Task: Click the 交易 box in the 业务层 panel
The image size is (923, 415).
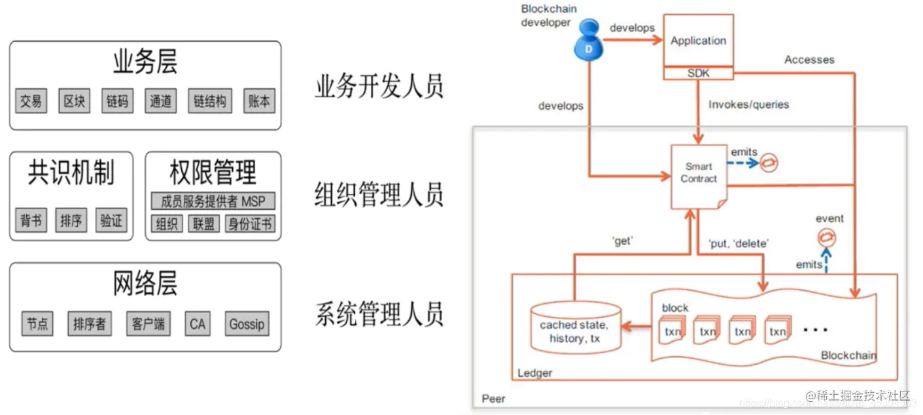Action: pos(31,101)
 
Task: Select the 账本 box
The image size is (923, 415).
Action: pos(259,101)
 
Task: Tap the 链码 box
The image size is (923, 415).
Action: pos(118,101)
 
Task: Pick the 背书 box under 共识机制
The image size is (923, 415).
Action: pos(31,221)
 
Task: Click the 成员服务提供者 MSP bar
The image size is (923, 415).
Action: pos(213,201)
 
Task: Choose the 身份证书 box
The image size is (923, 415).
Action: pos(250,224)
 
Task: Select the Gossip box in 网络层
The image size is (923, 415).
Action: pos(247,324)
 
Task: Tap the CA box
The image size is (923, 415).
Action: pos(197,324)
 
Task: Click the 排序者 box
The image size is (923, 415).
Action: pos(90,324)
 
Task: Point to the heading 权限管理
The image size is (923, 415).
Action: pos(213,173)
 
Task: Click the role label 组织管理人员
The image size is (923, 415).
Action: pos(379,195)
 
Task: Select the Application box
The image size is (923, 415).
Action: pos(698,41)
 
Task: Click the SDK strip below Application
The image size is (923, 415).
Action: pos(698,74)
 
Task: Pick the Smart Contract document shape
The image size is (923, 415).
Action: pos(699,175)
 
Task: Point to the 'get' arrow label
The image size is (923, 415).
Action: pos(622,241)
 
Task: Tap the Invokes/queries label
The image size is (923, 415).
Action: pos(748,105)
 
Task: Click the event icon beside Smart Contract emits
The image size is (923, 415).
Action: pos(769,163)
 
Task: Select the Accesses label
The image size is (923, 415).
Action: pos(809,59)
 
